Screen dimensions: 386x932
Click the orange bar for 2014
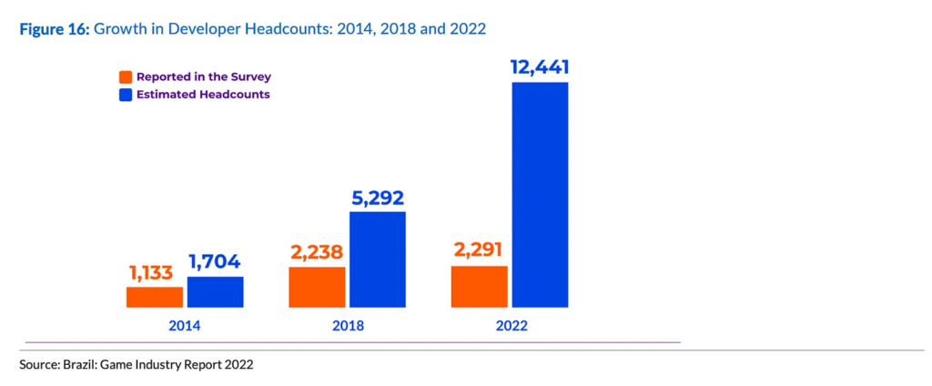(155, 297)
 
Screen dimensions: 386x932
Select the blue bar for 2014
(215, 291)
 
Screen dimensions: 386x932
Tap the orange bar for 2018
(317, 287)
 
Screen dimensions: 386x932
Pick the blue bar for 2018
(378, 259)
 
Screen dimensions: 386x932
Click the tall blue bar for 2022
(540, 195)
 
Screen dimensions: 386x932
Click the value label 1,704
(215, 262)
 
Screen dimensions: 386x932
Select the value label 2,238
(317, 253)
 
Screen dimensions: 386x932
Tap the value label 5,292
(378, 198)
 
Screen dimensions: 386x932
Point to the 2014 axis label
(185, 325)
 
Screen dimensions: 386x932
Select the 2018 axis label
(348, 325)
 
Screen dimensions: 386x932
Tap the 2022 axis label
(510, 325)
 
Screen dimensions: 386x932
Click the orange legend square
(127, 76)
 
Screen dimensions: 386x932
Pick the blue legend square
(127, 94)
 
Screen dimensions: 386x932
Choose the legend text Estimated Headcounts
(203, 94)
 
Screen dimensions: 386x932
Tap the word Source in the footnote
(38, 364)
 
